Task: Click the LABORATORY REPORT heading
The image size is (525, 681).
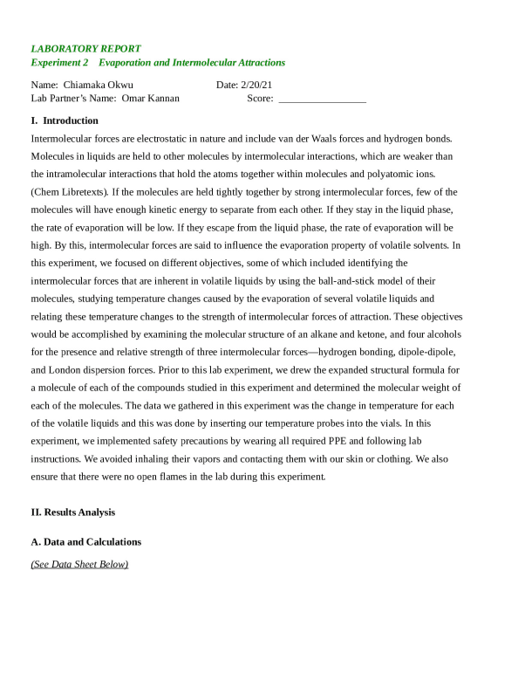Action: [85, 49]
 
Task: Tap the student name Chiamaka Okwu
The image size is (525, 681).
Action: [98, 85]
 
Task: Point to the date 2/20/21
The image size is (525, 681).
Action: [254, 85]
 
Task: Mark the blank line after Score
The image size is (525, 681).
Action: [322, 99]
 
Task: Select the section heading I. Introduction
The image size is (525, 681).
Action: [65, 120]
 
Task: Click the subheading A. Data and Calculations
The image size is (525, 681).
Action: [85, 542]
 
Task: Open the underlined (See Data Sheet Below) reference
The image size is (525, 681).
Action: [79, 564]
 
